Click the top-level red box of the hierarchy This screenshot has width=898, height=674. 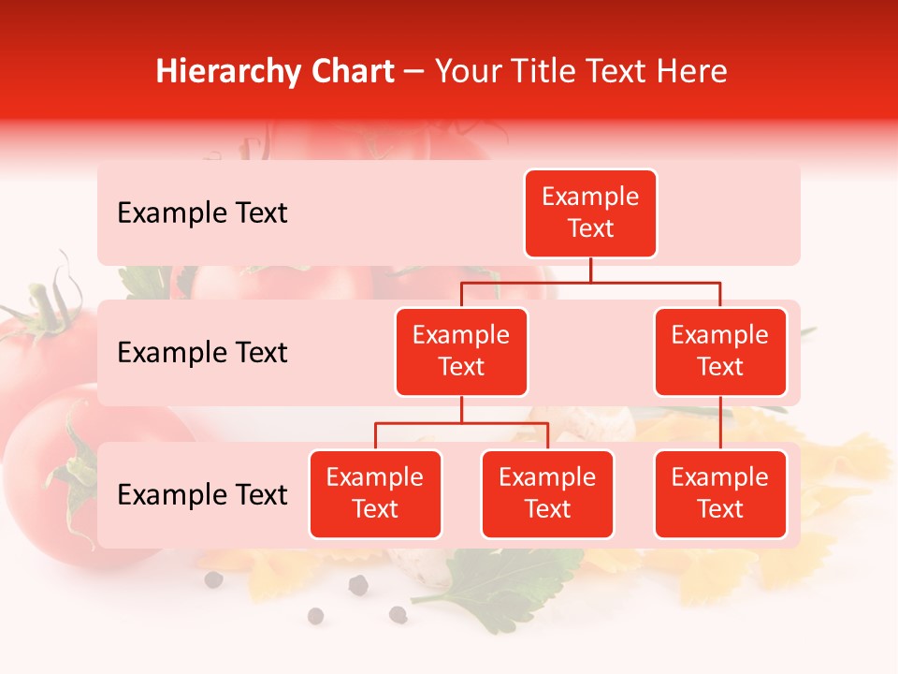pos(590,213)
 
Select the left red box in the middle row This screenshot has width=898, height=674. pos(461,352)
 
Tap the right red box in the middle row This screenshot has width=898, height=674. pos(720,352)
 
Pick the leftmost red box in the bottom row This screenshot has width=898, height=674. pos(375,494)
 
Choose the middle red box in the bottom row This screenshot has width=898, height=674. pos(547,494)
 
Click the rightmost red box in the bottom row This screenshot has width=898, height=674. pos(720,494)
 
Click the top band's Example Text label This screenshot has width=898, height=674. pos(202,213)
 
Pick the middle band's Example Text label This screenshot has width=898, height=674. pos(202,353)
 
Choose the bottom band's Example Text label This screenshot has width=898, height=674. pos(202,495)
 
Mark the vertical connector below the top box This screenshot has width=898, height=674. pos(590,270)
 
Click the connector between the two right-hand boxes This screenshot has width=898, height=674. pos(720,423)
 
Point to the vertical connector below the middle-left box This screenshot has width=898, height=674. pos(461,409)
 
